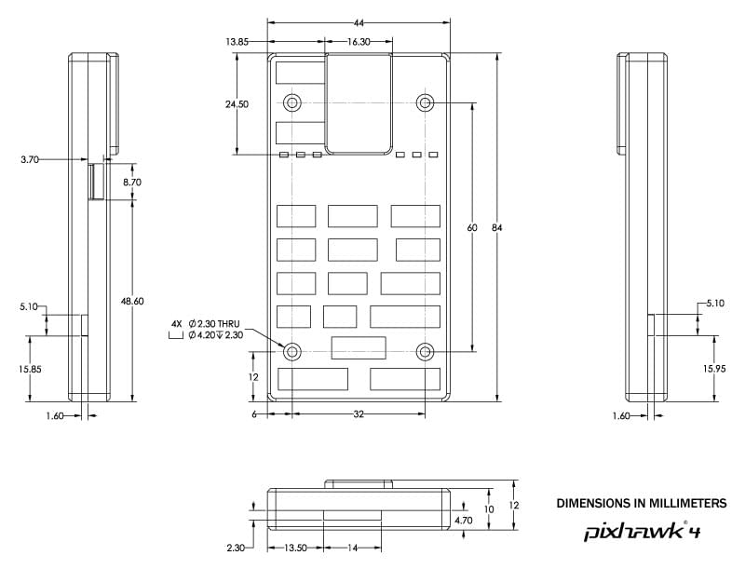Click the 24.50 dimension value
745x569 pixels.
pyautogui.click(x=237, y=104)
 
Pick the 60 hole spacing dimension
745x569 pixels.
pyautogui.click(x=473, y=228)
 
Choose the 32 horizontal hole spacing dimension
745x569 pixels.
pyautogui.click(x=358, y=413)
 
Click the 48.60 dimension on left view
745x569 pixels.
pyautogui.click(x=132, y=301)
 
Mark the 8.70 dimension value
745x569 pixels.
pyautogui.click(x=132, y=183)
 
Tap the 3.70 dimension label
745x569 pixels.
pyautogui.click(x=30, y=160)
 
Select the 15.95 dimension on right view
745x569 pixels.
pyautogui.click(x=714, y=369)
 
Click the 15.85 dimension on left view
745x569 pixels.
pyautogui.click(x=29, y=369)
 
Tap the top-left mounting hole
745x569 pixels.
pyautogui.click(x=292, y=102)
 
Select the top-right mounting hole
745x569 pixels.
pyautogui.click(x=426, y=102)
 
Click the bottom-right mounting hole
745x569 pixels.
pyautogui.click(x=426, y=351)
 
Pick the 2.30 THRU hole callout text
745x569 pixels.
pyautogui.click(x=213, y=323)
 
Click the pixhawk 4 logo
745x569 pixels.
pyautogui.click(x=643, y=531)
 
